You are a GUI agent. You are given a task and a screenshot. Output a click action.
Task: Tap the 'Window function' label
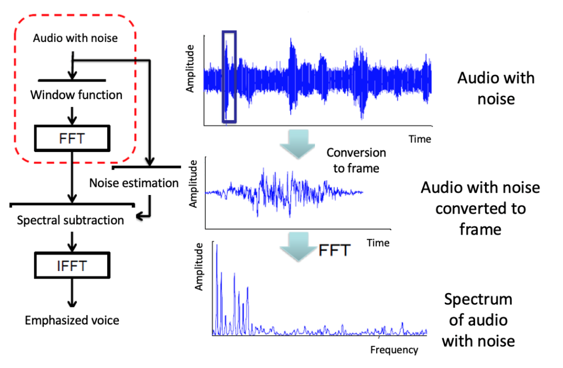pyautogui.click(x=76, y=95)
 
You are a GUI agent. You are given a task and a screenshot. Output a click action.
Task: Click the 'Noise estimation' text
pyautogui.click(x=134, y=183)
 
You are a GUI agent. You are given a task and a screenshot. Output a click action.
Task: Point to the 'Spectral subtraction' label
pyautogui.click(x=70, y=220)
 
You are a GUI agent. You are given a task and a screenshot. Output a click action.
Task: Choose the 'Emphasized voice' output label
pyautogui.click(x=72, y=320)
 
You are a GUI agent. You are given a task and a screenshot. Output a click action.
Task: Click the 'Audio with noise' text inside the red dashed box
pyautogui.click(x=75, y=38)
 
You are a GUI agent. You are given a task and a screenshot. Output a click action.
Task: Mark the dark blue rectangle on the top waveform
pyautogui.click(x=222, y=77)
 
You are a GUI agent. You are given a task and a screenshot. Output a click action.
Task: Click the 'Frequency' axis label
pyautogui.click(x=394, y=350)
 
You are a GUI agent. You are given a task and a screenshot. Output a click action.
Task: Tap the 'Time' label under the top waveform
pyautogui.click(x=420, y=139)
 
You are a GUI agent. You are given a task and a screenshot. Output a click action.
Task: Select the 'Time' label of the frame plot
pyautogui.click(x=378, y=243)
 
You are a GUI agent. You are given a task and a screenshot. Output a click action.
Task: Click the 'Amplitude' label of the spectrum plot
pyautogui.click(x=198, y=267)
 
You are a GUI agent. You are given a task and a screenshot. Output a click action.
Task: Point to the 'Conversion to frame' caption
pyautogui.click(x=356, y=160)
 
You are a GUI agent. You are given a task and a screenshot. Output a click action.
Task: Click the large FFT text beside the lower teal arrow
pyautogui.click(x=334, y=250)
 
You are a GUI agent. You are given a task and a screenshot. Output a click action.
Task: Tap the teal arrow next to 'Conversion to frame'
pyautogui.click(x=297, y=144)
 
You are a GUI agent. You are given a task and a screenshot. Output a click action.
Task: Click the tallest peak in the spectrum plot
pyautogui.click(x=217, y=245)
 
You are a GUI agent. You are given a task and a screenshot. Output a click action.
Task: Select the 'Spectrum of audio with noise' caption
pyautogui.click(x=478, y=320)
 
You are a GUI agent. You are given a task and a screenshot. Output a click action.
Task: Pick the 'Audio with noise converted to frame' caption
pyautogui.click(x=481, y=208)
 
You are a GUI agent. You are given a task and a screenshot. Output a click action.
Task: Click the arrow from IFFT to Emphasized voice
pyautogui.click(x=72, y=293)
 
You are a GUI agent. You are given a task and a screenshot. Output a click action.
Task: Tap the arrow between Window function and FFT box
pyautogui.click(x=72, y=116)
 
